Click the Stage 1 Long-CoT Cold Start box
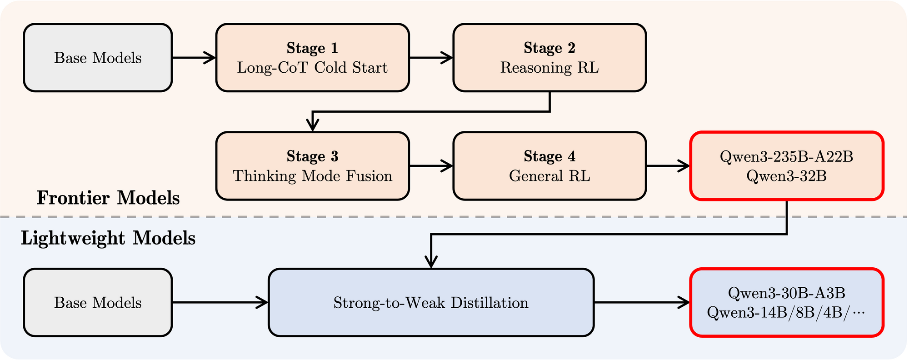313,58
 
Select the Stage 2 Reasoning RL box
549,58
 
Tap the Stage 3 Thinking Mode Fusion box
313,166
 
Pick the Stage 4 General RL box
549,166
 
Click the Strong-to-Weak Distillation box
431,302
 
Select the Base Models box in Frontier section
98,58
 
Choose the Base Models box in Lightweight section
98,302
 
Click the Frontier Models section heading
108,198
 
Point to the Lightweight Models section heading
108,238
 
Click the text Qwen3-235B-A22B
786,157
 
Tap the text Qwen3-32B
786,176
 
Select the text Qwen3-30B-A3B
786,293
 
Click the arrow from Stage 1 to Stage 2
431,58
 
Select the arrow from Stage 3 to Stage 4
431,166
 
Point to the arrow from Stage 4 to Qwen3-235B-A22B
668,166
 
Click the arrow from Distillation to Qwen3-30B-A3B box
642,302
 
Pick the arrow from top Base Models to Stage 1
194,58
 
